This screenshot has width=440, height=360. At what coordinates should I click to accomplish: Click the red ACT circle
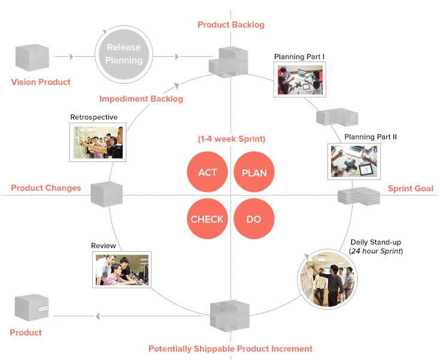tap(207, 173)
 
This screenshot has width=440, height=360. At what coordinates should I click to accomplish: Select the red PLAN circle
tap(254, 173)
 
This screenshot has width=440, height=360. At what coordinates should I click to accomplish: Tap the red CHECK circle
tap(207, 219)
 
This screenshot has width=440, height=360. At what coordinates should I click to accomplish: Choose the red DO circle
tap(254, 219)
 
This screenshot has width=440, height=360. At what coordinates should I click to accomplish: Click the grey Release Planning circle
tap(124, 54)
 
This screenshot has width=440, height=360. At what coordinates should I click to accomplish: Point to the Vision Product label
tap(41, 82)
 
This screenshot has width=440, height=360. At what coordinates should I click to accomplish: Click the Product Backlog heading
tap(230, 25)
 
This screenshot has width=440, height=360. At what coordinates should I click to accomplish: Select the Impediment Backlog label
tap(141, 99)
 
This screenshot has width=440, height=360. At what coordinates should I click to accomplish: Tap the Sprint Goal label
tap(410, 188)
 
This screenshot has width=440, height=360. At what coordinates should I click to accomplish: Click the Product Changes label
tap(46, 188)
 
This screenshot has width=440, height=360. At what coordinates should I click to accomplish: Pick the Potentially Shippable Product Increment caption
tap(230, 349)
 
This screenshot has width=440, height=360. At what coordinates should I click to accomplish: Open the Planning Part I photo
tap(299, 80)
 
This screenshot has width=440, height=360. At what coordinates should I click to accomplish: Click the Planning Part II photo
tap(354, 161)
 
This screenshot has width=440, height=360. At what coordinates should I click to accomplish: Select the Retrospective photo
tap(98, 142)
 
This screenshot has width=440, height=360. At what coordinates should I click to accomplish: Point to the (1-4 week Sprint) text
tap(231, 139)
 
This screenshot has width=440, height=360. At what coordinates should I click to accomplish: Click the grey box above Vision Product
tap(31, 58)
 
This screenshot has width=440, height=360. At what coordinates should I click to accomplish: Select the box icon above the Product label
tap(31, 308)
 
